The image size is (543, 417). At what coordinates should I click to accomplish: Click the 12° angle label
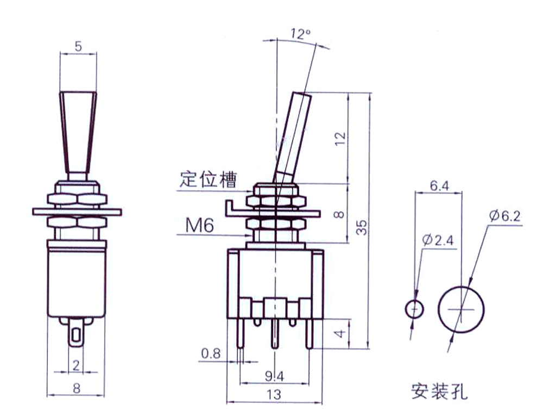pos(300,34)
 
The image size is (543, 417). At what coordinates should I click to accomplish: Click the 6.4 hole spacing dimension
pos(439,185)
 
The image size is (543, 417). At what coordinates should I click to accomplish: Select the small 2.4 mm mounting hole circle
pos(415,309)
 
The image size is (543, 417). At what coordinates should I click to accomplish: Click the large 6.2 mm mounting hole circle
pos(462,310)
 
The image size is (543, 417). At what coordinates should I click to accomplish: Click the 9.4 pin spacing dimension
pos(274,376)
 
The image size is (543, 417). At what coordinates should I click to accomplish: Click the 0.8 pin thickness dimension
pos(210,353)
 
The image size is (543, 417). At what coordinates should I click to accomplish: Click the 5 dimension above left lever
pos(78,47)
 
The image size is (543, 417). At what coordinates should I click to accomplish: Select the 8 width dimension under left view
pos(76,388)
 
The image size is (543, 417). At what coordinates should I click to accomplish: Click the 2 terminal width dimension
pos(76,365)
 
